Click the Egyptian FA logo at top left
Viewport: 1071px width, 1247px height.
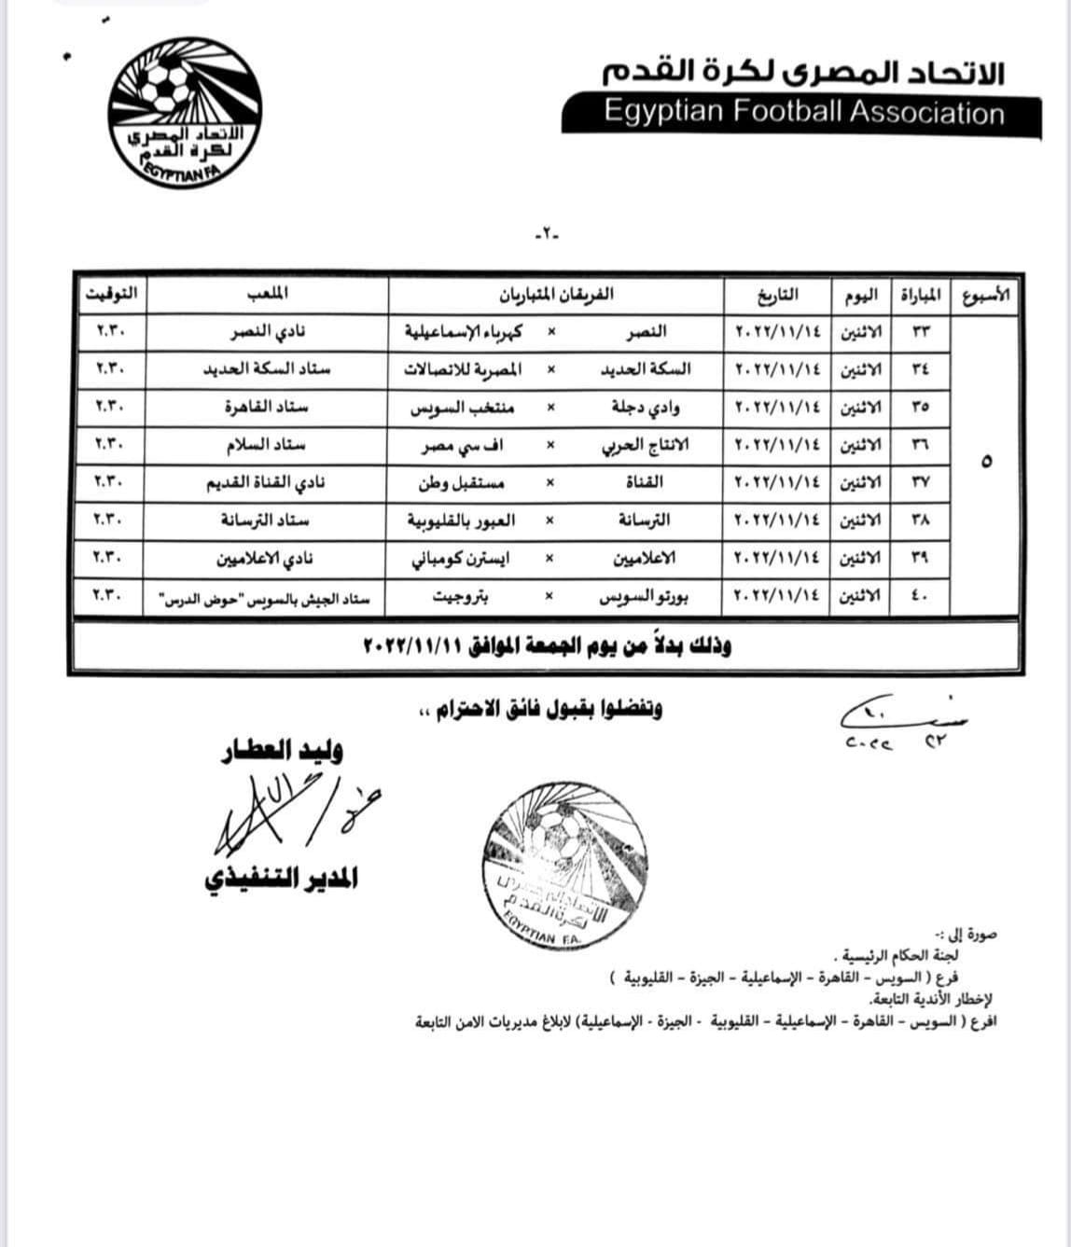click(x=185, y=115)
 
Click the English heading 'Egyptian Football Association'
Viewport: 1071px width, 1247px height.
click(x=803, y=113)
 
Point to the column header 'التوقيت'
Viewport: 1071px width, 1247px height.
click(x=110, y=294)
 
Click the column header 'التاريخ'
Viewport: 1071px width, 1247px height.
click(x=777, y=295)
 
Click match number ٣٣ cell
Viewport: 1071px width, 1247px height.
click(x=920, y=331)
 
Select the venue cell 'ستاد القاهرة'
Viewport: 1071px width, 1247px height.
click(x=266, y=407)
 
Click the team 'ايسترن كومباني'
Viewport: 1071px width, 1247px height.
click(x=454, y=558)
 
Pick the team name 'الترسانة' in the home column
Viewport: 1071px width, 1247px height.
click(x=639, y=520)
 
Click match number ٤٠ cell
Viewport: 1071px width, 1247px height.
click(x=920, y=596)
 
